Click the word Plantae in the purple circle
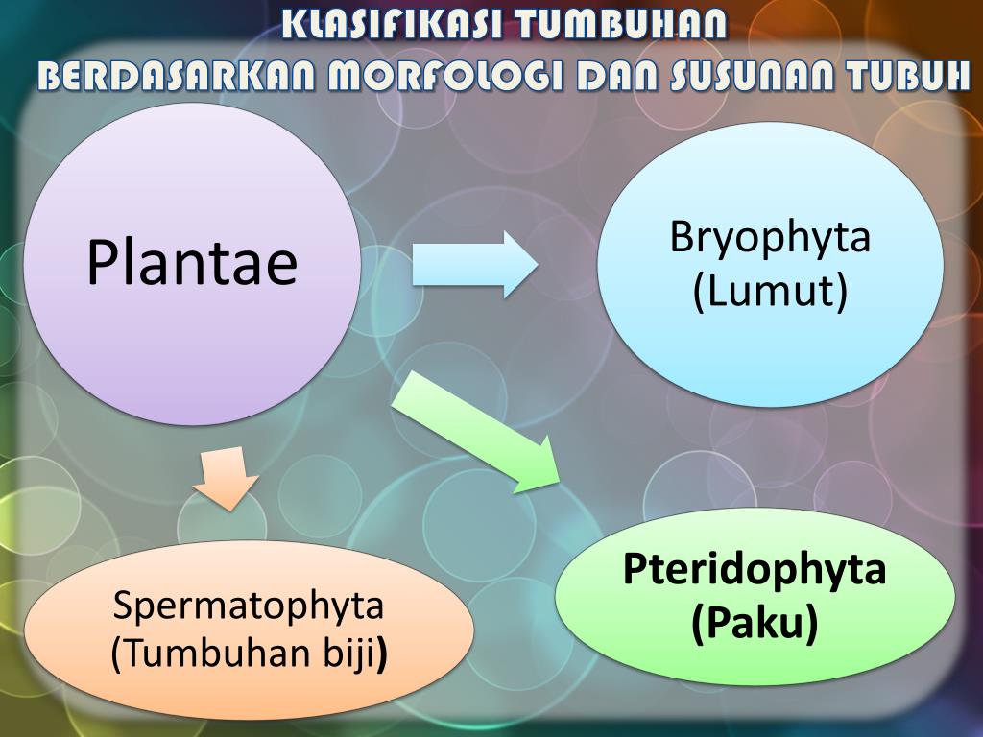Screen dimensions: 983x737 [192, 263]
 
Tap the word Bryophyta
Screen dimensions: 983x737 [770, 237]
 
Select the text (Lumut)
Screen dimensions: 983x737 [770, 292]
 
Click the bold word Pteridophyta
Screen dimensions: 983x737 [755, 569]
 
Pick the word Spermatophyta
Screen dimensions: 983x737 [249, 605]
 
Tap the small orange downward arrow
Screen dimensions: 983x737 [226, 477]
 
